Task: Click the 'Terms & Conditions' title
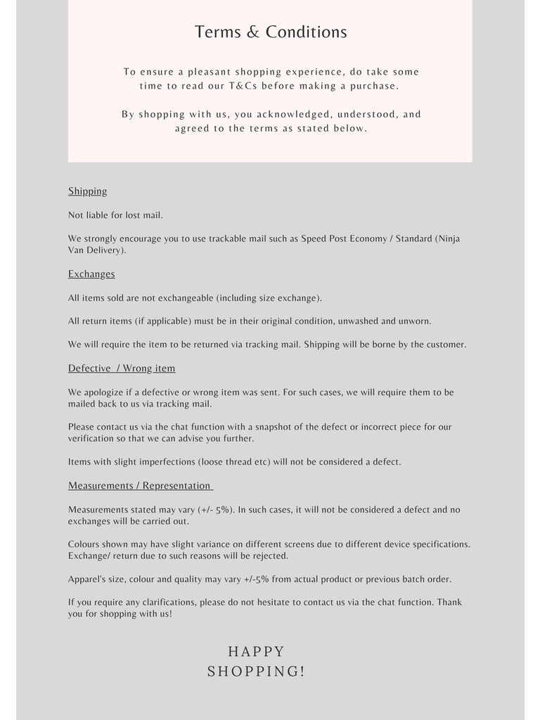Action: [271, 32]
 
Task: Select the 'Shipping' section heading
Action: [87, 191]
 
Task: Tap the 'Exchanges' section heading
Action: [91, 274]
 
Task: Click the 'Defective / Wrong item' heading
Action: [122, 368]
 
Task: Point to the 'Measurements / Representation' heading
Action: [139, 486]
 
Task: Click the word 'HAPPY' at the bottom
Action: [256, 652]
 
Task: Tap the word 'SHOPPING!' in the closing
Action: [256, 671]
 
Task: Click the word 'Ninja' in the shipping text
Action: [448, 239]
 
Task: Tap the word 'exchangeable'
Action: [185, 298]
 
